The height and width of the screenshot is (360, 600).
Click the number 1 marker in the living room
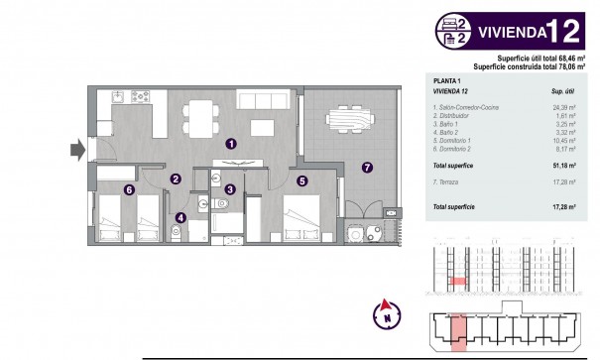point(231,142)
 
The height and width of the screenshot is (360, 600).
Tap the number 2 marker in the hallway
point(175,180)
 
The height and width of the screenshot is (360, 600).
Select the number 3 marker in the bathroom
point(229,189)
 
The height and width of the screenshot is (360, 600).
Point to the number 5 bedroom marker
point(302,180)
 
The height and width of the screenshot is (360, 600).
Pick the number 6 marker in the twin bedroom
point(129,190)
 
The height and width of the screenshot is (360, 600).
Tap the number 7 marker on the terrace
point(366,167)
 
